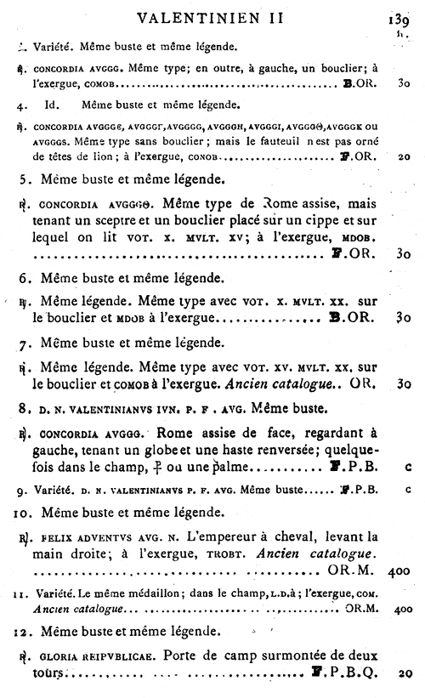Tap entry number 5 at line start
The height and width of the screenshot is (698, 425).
pyautogui.click(x=25, y=180)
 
